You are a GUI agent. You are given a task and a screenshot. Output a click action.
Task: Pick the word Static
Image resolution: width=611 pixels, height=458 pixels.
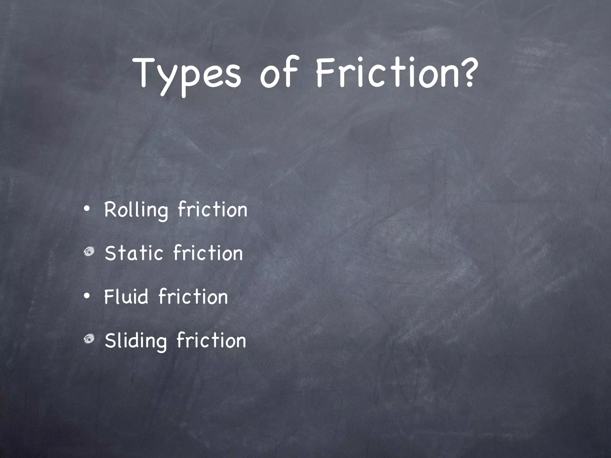(134, 253)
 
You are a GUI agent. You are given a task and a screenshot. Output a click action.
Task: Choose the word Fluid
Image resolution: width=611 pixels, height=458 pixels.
(126, 297)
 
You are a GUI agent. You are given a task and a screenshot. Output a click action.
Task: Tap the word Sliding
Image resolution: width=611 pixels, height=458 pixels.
(136, 341)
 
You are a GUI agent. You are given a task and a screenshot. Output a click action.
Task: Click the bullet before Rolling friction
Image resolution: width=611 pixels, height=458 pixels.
(87, 209)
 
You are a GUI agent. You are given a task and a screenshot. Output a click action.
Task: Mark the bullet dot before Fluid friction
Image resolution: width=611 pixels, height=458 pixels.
(87, 296)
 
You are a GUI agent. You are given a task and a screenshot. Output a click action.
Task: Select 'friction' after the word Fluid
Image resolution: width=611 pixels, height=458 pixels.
(193, 296)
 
